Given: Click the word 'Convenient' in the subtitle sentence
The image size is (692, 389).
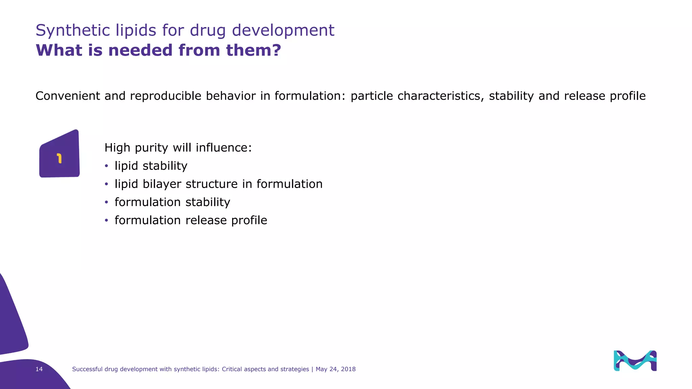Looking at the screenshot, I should click(68, 96).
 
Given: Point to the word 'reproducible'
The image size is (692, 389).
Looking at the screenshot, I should click(166, 96).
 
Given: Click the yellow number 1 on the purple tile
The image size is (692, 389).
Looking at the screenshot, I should click(59, 158).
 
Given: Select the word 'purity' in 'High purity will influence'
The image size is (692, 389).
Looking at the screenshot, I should click(151, 148).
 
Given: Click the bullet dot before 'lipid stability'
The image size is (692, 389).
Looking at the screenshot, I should click(106, 166).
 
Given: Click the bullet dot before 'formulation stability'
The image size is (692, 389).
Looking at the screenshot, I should click(106, 202).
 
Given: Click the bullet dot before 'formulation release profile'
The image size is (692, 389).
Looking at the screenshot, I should click(106, 221).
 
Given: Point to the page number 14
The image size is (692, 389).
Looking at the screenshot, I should click(39, 369).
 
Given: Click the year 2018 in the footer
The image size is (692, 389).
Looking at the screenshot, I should click(348, 369).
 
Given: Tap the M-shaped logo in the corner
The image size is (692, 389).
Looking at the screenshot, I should click(635, 361).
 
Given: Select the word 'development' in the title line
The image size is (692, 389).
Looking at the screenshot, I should click(283, 30).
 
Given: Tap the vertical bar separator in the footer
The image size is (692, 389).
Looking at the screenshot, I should click(313, 369).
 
